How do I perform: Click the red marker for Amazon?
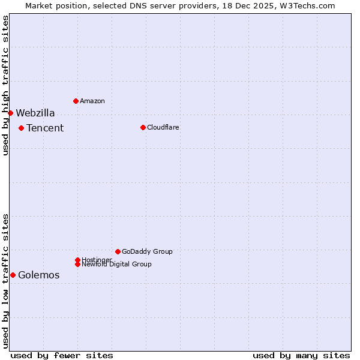click(76, 101)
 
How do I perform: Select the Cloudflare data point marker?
click(143, 127)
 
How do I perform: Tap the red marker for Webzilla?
click(10, 113)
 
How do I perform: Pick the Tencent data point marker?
click(21, 128)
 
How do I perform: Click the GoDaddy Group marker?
click(118, 251)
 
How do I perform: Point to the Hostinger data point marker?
click(77, 260)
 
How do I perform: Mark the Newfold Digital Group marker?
click(77, 264)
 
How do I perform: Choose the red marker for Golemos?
click(13, 275)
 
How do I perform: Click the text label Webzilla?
click(35, 113)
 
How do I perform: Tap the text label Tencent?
click(45, 128)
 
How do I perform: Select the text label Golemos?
click(38, 275)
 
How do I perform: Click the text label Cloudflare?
click(163, 127)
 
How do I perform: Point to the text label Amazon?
click(92, 101)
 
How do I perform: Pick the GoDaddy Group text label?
click(147, 251)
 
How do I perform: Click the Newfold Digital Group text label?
click(116, 264)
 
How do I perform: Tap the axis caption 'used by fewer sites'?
click(62, 355)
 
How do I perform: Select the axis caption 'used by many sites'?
click(301, 355)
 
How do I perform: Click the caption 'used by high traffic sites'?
click(5, 85)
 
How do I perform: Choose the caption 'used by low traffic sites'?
click(5, 280)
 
